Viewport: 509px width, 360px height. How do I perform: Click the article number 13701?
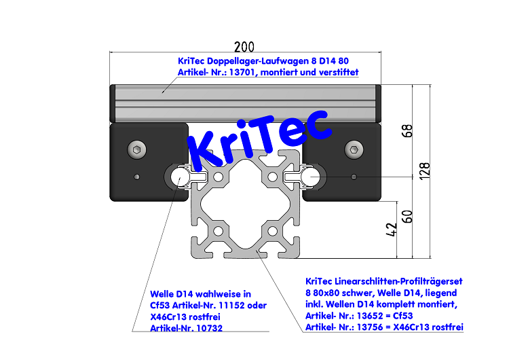pos(241,72)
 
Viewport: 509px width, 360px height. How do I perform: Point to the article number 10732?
pos(204,328)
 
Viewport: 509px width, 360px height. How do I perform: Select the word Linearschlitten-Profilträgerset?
pos(390,281)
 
